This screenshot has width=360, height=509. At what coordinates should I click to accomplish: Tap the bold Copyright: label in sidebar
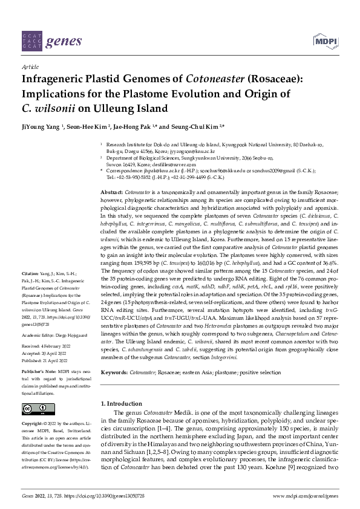coord(33,424)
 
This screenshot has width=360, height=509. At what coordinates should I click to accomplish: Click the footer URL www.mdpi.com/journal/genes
coord(306,495)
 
